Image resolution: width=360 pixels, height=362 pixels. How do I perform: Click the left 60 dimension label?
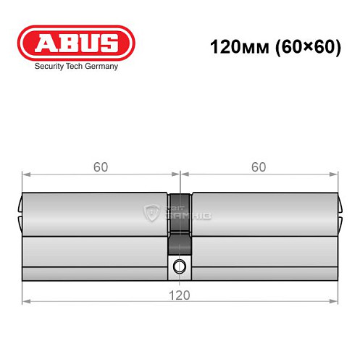101,167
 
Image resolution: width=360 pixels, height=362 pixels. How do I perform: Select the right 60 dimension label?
259,167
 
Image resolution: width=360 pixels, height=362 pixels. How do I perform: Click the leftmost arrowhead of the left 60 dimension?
25,174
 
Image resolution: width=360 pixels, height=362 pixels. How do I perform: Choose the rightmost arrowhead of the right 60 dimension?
335,174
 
